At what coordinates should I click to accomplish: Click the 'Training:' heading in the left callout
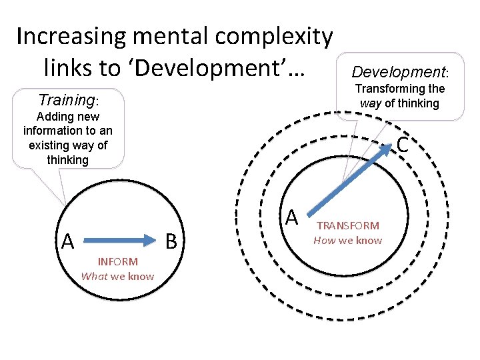[x=68, y=100]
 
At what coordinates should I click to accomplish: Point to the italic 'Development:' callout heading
[x=400, y=71]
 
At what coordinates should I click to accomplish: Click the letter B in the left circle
[x=171, y=241]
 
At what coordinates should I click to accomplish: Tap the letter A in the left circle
[x=67, y=241]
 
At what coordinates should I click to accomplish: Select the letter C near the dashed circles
[x=402, y=144]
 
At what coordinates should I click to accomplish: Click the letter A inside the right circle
[x=291, y=216]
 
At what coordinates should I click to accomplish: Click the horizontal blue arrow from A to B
[x=120, y=237]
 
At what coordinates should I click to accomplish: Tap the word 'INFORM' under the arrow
[x=117, y=262]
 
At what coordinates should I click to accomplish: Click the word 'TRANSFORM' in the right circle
[x=348, y=226]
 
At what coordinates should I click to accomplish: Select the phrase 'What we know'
[x=117, y=276]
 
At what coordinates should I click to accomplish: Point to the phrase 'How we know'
[x=348, y=240]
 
